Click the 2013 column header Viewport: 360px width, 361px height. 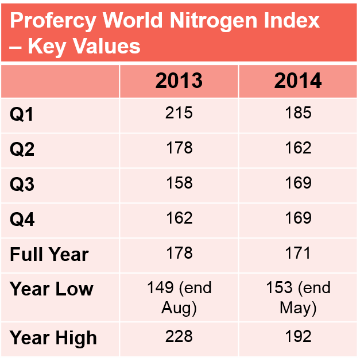pyautogui.click(x=179, y=81)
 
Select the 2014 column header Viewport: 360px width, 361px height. pyautogui.click(x=298, y=81)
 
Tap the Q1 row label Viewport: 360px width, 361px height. pyautogui.click(x=22, y=115)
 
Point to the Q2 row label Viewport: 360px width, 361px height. pyautogui.click(x=22, y=150)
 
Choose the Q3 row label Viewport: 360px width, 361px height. pyautogui.click(x=22, y=185)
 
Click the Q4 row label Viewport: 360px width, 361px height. pyautogui.click(x=22, y=220)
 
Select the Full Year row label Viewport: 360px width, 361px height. pyautogui.click(x=49, y=255)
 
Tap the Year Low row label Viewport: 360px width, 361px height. pyautogui.click(x=51, y=289)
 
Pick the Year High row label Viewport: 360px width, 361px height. pyautogui.click(x=53, y=338)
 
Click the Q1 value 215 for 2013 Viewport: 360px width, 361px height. pyautogui.click(x=179, y=113)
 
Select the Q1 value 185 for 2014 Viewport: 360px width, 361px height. pyautogui.click(x=298, y=113)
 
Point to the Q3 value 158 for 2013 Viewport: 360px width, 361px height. pyautogui.click(x=179, y=183)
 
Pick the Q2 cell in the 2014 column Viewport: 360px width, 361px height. pyautogui.click(x=298, y=148)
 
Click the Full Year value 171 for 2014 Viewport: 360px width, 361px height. pyautogui.click(x=298, y=253)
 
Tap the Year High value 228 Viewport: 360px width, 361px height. pyautogui.click(x=179, y=336)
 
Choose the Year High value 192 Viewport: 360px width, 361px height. pyautogui.click(x=298, y=336)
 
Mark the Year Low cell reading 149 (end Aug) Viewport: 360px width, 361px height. pyautogui.click(x=179, y=298)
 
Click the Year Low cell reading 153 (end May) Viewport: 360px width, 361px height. pyautogui.click(x=298, y=298)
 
